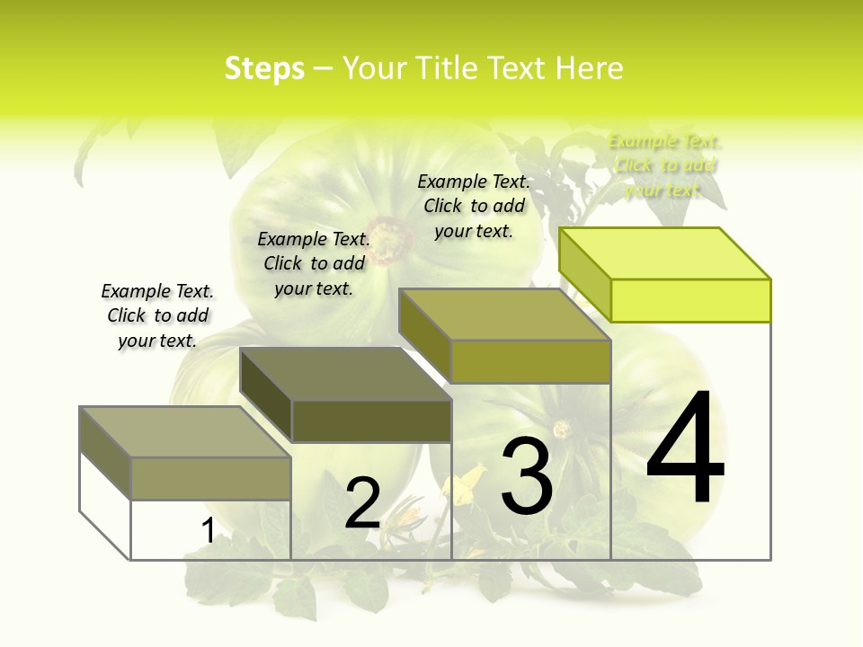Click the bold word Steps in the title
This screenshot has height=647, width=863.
pyautogui.click(x=264, y=68)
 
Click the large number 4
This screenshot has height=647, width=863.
pyautogui.click(x=686, y=449)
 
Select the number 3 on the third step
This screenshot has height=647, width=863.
pyautogui.click(x=527, y=476)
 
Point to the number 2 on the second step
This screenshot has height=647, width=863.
pyautogui.click(x=362, y=503)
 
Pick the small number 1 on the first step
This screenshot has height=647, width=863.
pyautogui.click(x=208, y=531)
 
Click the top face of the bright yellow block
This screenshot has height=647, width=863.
pyautogui.click(x=665, y=253)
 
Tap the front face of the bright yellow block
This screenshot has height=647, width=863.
pyautogui.click(x=690, y=300)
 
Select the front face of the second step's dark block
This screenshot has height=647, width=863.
pyautogui.click(x=371, y=421)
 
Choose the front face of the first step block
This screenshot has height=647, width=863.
pyautogui.click(x=210, y=478)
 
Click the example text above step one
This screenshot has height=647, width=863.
pyautogui.click(x=157, y=315)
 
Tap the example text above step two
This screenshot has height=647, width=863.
pyautogui.click(x=314, y=263)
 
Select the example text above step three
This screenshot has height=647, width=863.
pyautogui.click(x=474, y=206)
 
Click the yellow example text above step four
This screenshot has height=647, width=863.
pyautogui.click(x=664, y=165)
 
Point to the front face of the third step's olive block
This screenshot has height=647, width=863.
pyautogui.click(x=530, y=361)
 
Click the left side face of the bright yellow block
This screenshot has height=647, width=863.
pyautogui.click(x=585, y=274)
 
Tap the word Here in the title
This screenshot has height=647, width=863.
pyautogui.click(x=590, y=68)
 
